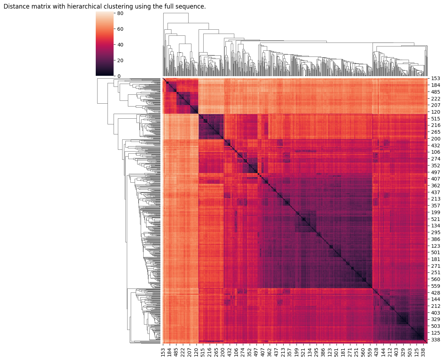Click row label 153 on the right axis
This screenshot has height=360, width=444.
tap(435, 79)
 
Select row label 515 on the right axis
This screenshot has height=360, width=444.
tap(435, 119)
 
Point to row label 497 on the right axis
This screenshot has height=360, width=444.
tap(435, 172)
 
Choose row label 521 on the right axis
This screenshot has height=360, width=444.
tap(435, 219)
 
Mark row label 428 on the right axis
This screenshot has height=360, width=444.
tap(435, 293)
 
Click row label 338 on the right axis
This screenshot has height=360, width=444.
tap(435, 340)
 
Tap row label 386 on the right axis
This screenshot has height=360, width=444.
tap(435, 239)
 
